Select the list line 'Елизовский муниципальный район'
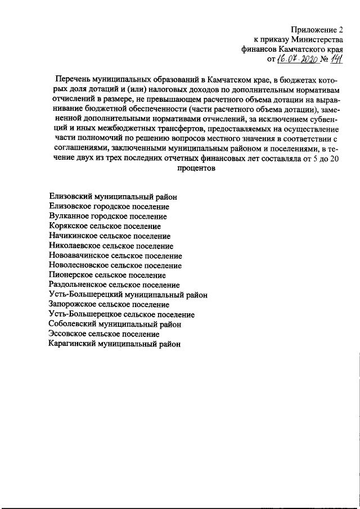[113, 197]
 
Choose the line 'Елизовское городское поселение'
[109, 206]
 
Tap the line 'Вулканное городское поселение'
[107, 216]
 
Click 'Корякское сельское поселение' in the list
[105, 226]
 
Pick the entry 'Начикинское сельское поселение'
[110, 236]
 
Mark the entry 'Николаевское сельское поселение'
[111, 246]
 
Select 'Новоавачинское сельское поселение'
[115, 255]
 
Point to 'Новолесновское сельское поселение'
[115, 265]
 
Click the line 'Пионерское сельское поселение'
[107, 275]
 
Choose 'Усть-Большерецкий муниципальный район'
[128, 295]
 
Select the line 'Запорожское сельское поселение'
[109, 304]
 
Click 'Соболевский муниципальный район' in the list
[115, 324]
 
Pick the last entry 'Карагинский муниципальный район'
[115, 344]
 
